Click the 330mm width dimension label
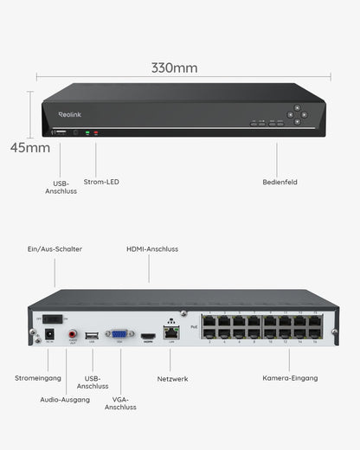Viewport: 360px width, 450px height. [x=174, y=67]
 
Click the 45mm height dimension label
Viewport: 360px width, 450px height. [x=30, y=147]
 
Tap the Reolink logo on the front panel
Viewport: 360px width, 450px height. [x=69, y=114]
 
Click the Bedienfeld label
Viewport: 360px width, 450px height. [x=280, y=182]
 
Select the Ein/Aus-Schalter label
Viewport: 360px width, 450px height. [x=55, y=249]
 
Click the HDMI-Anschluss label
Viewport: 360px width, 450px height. [x=152, y=249]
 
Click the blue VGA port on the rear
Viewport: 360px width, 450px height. [x=119, y=333]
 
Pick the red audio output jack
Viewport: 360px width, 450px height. [x=73, y=333]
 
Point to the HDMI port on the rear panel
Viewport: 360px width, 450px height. [x=148, y=334]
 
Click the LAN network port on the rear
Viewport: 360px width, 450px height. [x=171, y=332]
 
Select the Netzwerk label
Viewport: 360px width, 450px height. [x=173, y=378]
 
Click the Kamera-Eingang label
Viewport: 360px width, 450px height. [x=290, y=378]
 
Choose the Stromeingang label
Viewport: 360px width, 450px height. [x=37, y=378]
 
